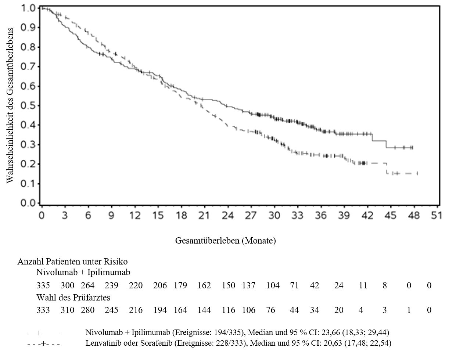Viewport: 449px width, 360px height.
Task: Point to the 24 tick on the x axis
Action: pyautogui.click(x=228, y=207)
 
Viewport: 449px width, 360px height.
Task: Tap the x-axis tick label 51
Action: pyautogui.click(x=436, y=216)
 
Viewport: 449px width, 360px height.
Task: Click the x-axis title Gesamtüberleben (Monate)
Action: pyautogui.click(x=225, y=241)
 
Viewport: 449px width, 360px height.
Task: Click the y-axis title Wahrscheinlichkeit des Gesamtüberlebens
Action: pyautogui.click(x=10, y=105)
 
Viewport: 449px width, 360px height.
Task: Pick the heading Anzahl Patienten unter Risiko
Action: pyautogui.click(x=72, y=262)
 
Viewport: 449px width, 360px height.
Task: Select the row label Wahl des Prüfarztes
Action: pyautogui.click(x=73, y=298)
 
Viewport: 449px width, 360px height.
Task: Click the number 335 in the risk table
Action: pyautogui.click(x=43, y=285)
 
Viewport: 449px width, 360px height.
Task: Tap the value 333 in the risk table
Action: pyautogui.click(x=43, y=310)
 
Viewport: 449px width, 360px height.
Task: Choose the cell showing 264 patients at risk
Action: pyautogui.click(x=87, y=285)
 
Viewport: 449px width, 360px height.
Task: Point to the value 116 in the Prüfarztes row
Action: pyautogui.click(x=229, y=310)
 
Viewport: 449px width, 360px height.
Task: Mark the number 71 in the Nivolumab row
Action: pyautogui.click(x=294, y=285)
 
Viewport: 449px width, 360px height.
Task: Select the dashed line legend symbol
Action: pyautogui.click(x=43, y=343)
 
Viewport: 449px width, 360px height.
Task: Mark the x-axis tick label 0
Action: pyautogui.click(x=42, y=216)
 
